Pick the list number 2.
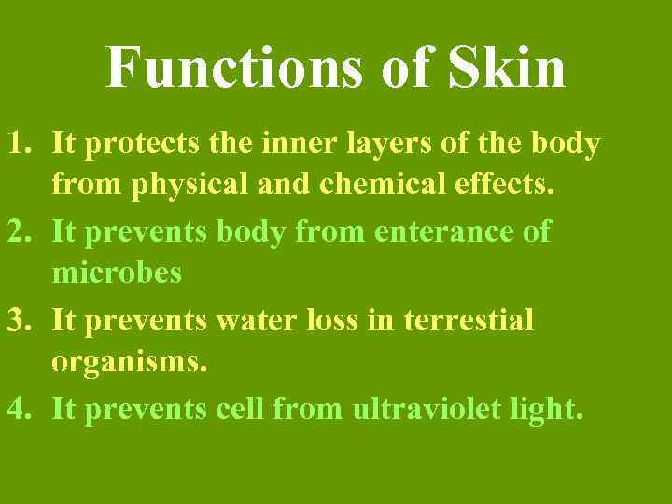pyautogui.click(x=21, y=231)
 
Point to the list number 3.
pyautogui.click(x=21, y=320)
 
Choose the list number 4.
pyautogui.click(x=21, y=408)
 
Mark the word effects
pyautogui.click(x=509, y=185)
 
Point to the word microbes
pyautogui.click(x=117, y=273)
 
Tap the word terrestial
pyautogui.click(x=469, y=320)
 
